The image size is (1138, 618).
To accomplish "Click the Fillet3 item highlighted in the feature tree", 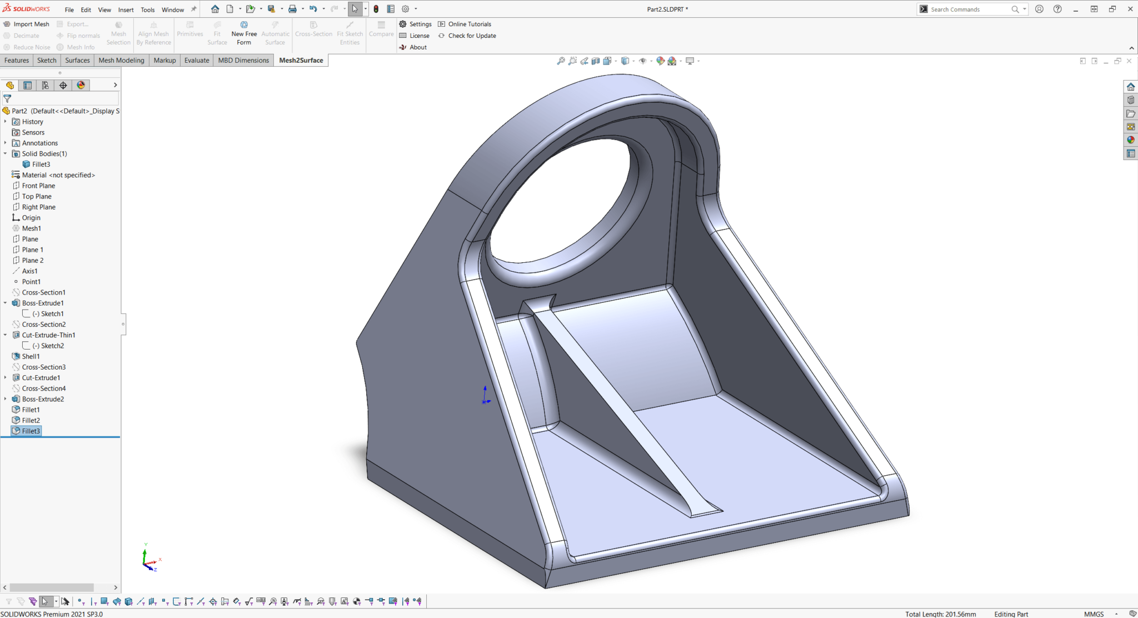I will [31, 431].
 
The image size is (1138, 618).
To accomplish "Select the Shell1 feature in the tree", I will [31, 356].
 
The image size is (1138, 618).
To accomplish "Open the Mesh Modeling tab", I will [121, 60].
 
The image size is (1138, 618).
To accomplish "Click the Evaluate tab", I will [197, 60].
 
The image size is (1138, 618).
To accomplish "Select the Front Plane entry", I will [38, 186].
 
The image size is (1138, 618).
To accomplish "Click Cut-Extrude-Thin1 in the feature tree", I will [48, 335].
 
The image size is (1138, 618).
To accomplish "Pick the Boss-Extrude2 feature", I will [43, 399].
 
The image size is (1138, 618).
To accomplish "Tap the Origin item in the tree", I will [31, 218].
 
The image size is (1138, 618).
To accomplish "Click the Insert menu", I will [126, 9].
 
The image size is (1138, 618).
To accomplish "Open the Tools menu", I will [147, 9].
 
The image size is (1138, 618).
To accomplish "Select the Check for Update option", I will [472, 36].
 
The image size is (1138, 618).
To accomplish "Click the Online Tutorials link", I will [470, 24].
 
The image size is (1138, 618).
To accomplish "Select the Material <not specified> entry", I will [58, 175].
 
